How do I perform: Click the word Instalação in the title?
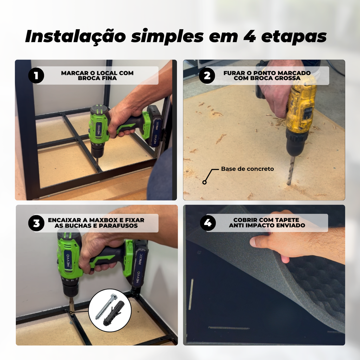coord(76,37)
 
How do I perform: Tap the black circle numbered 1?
coord(36,75)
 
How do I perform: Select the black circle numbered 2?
coord(207,76)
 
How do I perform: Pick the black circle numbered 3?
coord(36,223)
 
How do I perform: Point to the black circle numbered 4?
coord(208,223)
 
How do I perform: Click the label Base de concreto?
coord(247,169)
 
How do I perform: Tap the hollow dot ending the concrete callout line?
coord(204,182)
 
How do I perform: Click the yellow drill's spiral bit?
coord(291,170)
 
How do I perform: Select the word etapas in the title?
coord(294,37)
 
